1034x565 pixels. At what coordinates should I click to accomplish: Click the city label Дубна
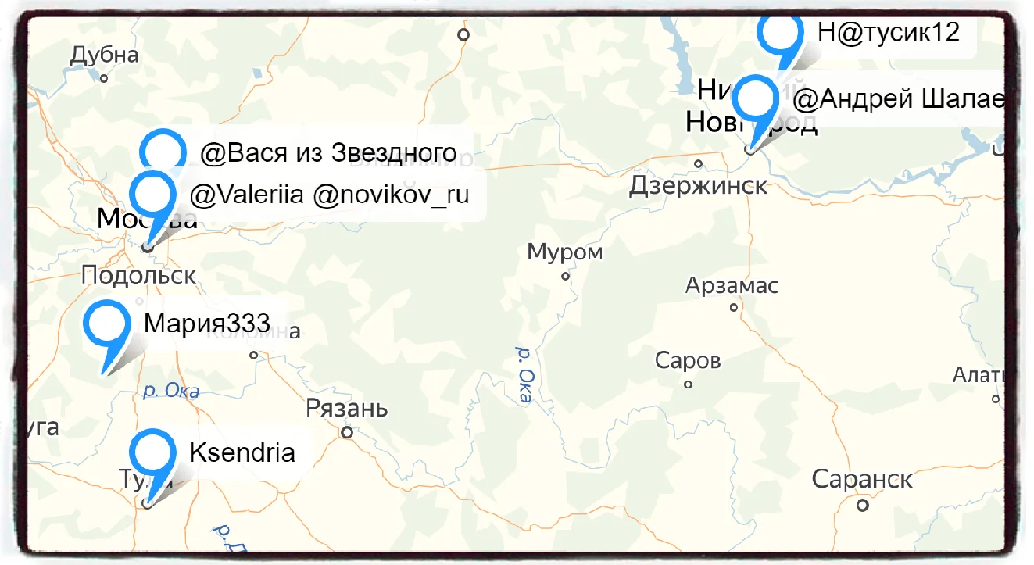[x=104, y=55]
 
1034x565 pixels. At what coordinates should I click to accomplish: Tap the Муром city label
[x=564, y=252]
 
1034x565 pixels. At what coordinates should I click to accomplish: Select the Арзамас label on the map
[x=732, y=286]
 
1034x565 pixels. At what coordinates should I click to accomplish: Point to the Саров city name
[x=688, y=361]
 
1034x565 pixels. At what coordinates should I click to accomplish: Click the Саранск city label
[x=862, y=479]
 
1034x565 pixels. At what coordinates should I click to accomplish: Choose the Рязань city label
[x=346, y=409]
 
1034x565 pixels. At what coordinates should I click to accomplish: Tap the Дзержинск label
[x=698, y=187]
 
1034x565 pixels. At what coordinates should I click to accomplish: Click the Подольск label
[x=138, y=275]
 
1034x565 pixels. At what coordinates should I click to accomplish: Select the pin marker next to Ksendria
[x=152, y=452]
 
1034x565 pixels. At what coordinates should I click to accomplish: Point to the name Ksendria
[x=242, y=452]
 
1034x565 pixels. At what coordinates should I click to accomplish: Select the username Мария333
[x=206, y=323]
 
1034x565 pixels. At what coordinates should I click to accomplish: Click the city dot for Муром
[x=565, y=276]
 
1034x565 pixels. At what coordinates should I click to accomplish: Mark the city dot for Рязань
[x=346, y=431]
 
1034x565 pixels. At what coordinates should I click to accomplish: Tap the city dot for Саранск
[x=862, y=505]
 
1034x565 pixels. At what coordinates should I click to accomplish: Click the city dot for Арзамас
[x=733, y=307]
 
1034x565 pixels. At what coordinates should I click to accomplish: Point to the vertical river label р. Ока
[x=523, y=375]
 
